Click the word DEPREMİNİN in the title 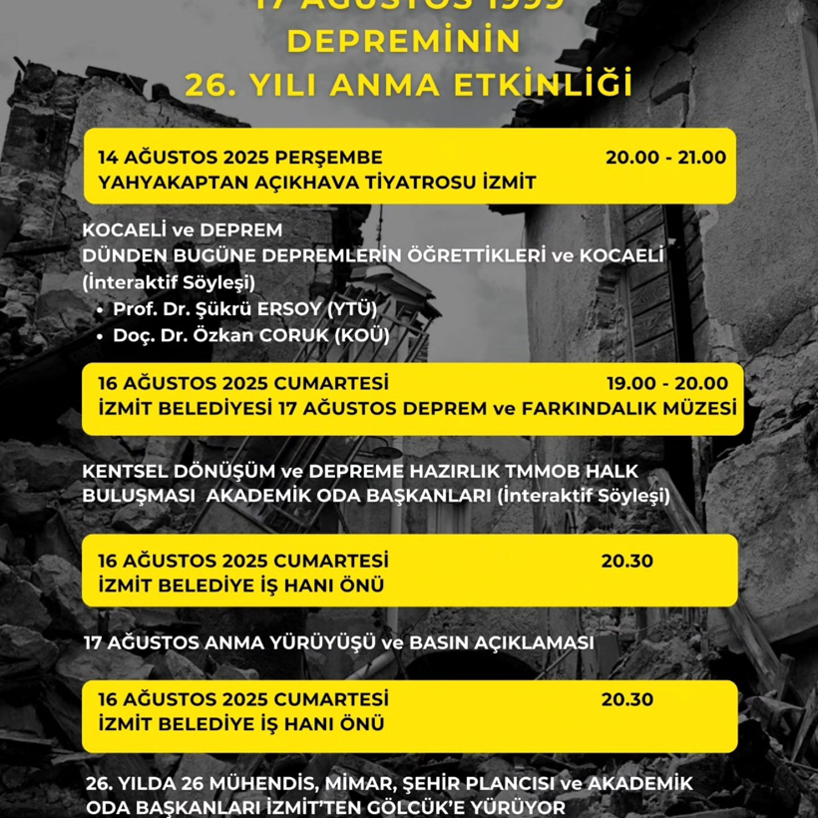[x=403, y=42]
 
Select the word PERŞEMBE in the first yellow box [x=330, y=157]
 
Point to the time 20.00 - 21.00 [x=665, y=157]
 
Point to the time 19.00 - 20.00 [x=667, y=383]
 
